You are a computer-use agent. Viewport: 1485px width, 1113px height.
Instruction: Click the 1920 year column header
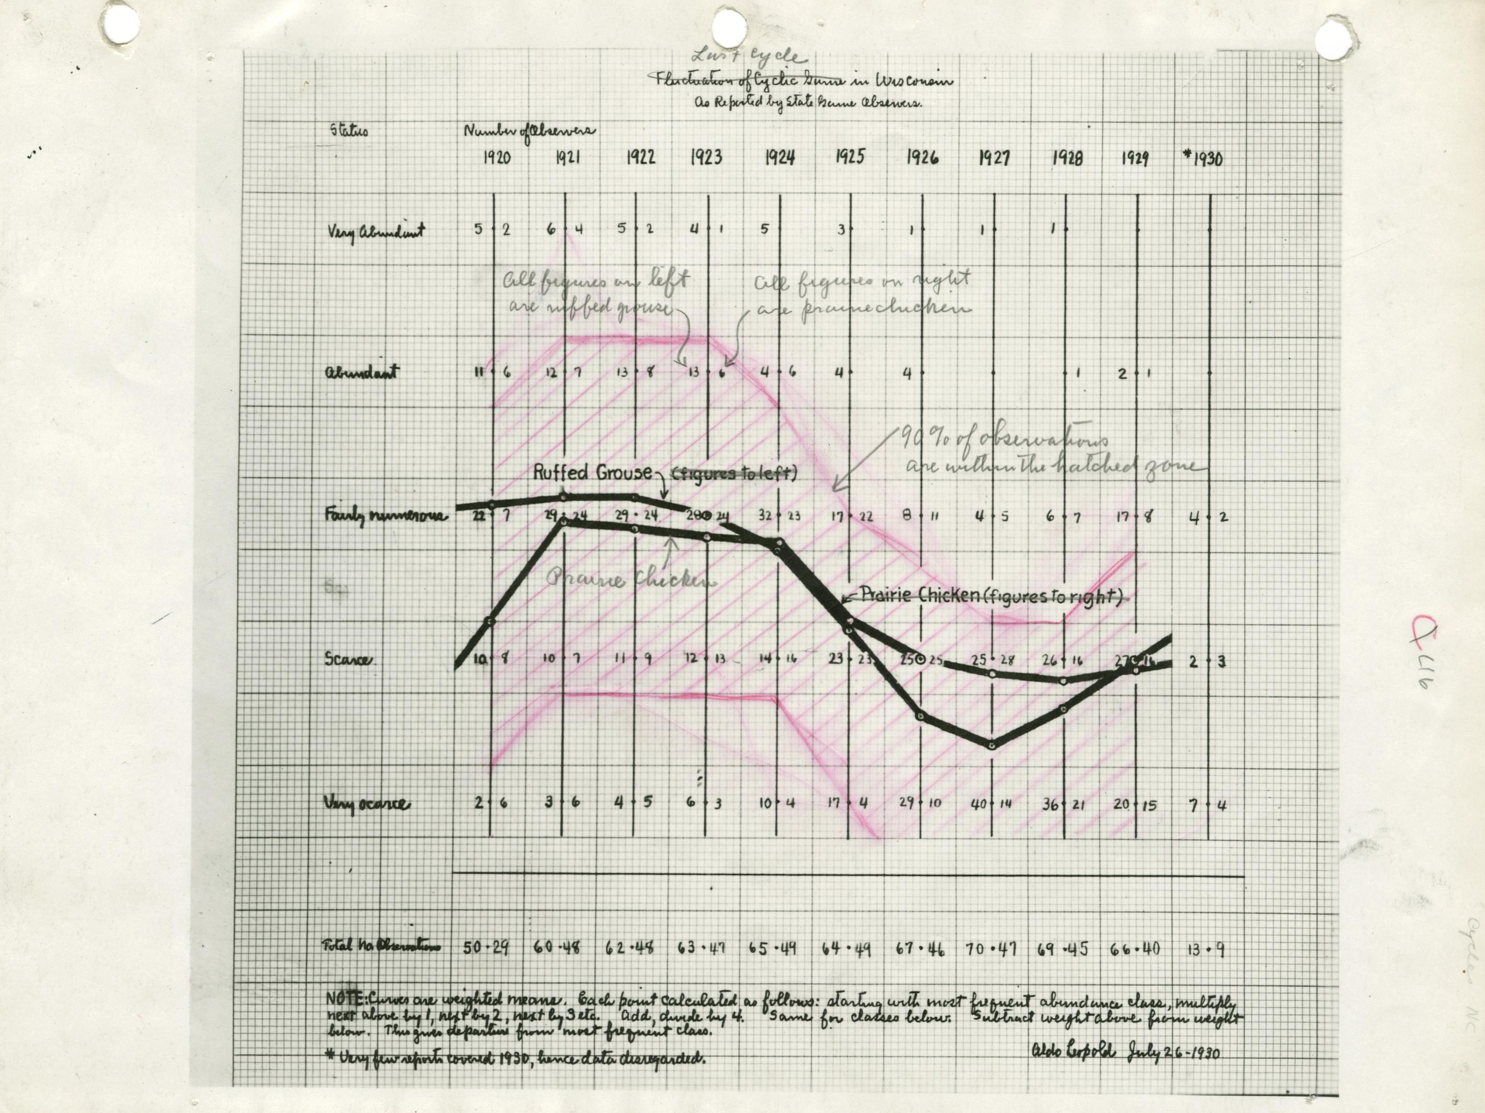[496, 157]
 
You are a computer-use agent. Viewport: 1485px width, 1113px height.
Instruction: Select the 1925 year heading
[849, 157]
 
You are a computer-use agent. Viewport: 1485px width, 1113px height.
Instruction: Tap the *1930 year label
[1203, 158]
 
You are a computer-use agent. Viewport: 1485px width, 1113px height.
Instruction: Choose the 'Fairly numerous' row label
[385, 516]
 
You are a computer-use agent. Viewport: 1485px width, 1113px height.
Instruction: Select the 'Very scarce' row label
[366, 803]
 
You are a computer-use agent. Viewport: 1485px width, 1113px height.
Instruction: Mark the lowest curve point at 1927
[992, 744]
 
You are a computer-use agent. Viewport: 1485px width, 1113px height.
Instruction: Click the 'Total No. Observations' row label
[383, 946]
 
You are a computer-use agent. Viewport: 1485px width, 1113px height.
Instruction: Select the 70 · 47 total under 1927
[991, 949]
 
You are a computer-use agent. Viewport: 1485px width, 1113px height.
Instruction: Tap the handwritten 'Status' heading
[348, 129]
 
